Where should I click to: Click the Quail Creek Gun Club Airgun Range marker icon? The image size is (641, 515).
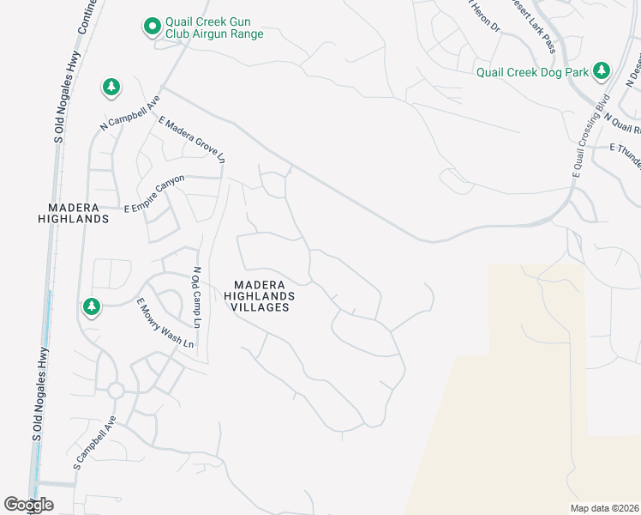tap(152, 27)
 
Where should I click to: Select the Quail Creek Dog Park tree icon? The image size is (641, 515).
tap(602, 70)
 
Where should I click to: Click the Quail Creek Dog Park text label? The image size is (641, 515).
tap(532, 72)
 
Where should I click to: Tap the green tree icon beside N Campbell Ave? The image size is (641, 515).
tap(111, 87)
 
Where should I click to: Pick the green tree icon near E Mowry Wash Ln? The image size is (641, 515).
tap(91, 306)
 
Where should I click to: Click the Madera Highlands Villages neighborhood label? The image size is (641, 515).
tap(259, 296)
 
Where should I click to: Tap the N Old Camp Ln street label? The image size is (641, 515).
tap(196, 298)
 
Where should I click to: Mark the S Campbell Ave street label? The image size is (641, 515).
tap(94, 443)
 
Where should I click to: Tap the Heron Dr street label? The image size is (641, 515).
tap(485, 15)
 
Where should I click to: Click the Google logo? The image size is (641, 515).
tap(28, 505)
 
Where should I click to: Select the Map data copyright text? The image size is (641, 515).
tap(605, 507)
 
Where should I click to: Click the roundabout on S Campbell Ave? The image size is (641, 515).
tap(116, 391)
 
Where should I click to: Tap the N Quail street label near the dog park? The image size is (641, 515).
tap(622, 123)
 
